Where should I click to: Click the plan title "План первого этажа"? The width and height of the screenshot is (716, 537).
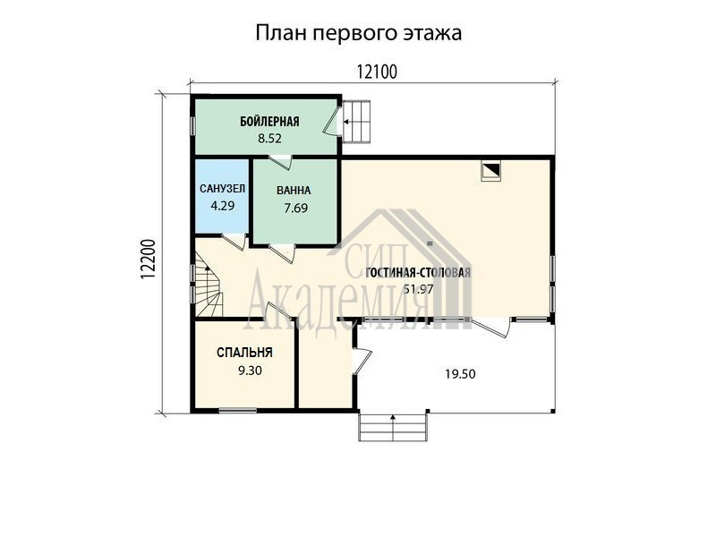(359, 33)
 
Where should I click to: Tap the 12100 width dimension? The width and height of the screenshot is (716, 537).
(377, 72)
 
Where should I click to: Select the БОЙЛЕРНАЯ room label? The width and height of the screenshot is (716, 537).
(269, 122)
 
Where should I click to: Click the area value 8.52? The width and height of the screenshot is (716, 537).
(269, 139)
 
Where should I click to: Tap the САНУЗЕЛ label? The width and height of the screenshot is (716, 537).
(222, 189)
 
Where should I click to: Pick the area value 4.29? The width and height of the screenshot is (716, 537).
(222, 206)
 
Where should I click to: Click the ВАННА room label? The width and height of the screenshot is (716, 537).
(294, 191)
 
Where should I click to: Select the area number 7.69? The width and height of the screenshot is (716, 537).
(296, 209)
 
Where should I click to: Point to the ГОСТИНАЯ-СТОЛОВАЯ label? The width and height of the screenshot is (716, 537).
(418, 273)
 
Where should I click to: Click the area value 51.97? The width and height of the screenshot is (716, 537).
(418, 289)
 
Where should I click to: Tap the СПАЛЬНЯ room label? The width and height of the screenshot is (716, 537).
(244, 353)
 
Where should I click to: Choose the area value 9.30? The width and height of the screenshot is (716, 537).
(251, 371)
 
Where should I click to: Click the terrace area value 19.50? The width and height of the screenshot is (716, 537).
(460, 374)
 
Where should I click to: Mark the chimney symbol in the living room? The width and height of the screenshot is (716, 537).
(490, 171)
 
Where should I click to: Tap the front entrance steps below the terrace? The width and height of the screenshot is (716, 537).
(393, 427)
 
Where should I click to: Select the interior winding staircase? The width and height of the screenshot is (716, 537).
(209, 290)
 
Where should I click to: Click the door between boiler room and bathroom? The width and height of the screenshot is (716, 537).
(280, 162)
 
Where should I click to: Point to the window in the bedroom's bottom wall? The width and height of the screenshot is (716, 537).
(237, 411)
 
